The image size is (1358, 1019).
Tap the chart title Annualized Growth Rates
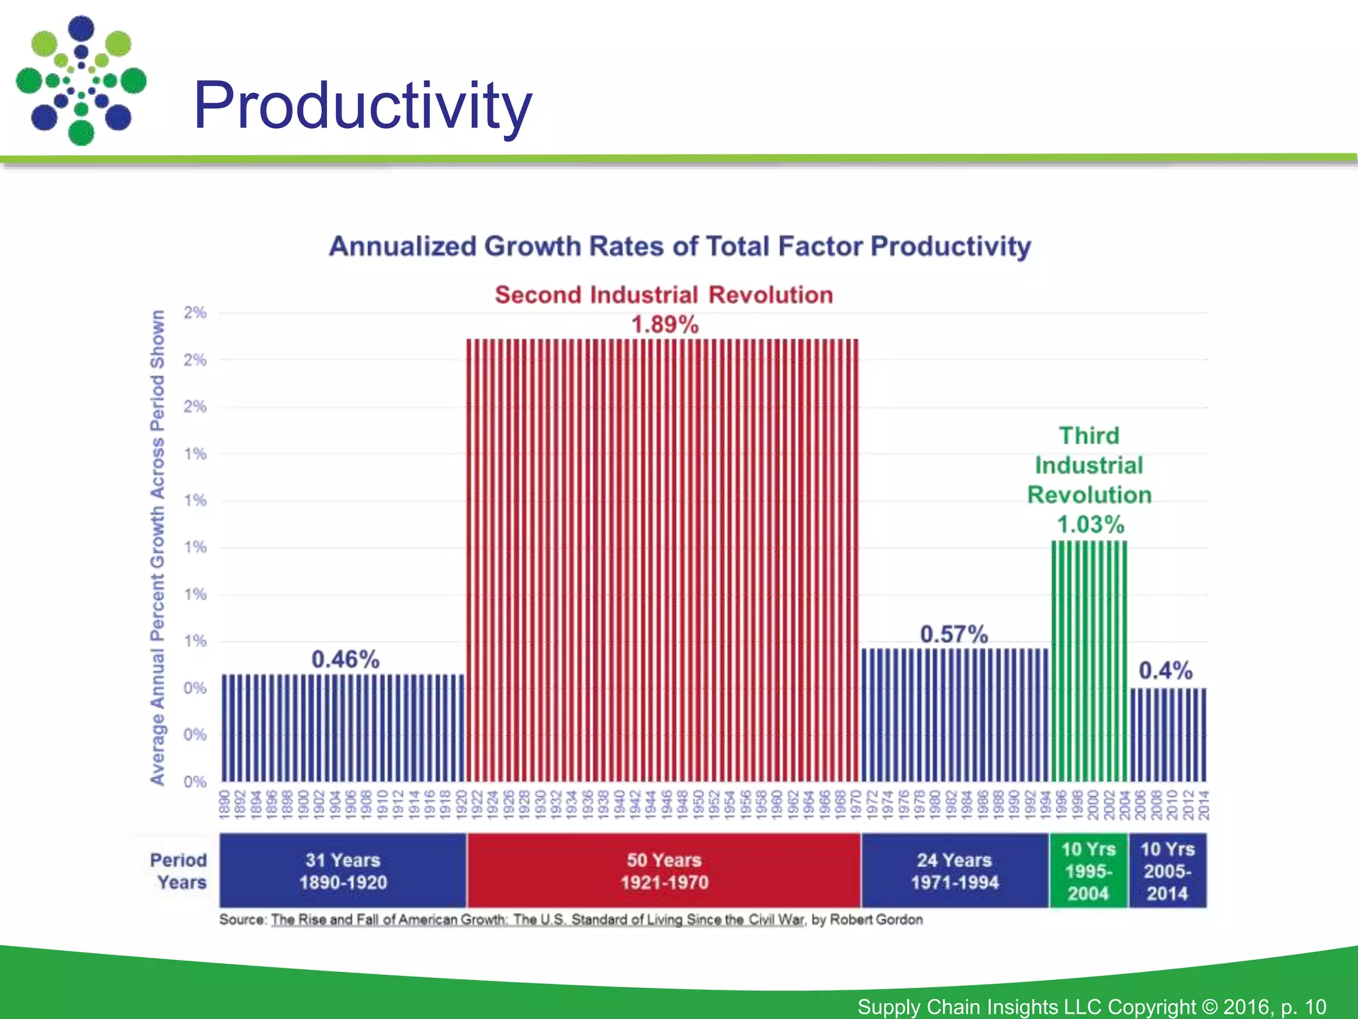pos(680,247)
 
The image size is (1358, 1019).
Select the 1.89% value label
pos(664,325)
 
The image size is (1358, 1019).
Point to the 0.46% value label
pos(345,659)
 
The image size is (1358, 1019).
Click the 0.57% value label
pos(954,634)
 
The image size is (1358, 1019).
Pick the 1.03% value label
pos(1090,525)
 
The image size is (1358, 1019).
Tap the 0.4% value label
pos(1165,671)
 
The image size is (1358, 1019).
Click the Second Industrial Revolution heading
pos(664,295)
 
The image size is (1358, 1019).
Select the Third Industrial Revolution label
pos(1089,465)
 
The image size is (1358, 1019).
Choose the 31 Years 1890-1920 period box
pos(343,871)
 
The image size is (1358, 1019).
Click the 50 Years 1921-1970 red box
pos(664,871)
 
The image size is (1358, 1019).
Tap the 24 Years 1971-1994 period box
pos(954,871)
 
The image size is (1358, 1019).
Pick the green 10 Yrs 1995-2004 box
pos(1088,871)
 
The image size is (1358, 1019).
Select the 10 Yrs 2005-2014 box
pos(1167,871)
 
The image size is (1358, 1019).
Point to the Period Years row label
pos(178,871)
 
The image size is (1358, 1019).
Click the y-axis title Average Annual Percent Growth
pos(157,547)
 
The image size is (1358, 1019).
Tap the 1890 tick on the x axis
pos(224,804)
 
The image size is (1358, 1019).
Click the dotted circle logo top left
pos(81,80)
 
